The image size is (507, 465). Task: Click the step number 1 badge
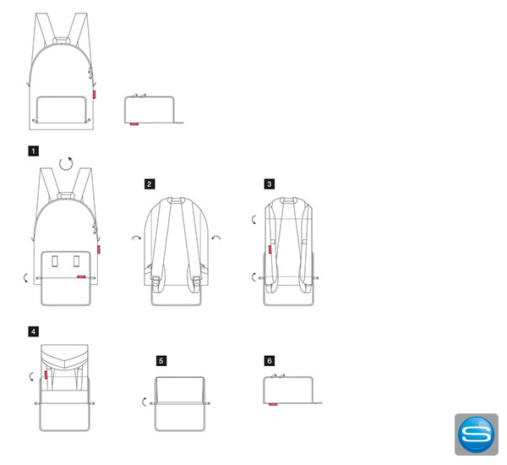[x=33, y=151]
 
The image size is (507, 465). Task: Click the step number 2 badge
[x=150, y=184]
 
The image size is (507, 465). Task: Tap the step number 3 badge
[x=270, y=184]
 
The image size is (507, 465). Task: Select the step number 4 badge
[x=33, y=331]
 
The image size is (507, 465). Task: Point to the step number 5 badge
[x=161, y=361]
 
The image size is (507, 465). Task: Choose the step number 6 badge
[x=270, y=361]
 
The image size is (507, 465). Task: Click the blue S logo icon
[x=477, y=435]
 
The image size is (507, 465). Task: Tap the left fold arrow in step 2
[x=136, y=238]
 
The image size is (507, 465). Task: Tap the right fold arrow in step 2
[x=216, y=238]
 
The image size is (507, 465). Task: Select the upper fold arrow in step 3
[x=253, y=220]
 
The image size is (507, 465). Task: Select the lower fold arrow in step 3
[x=253, y=277]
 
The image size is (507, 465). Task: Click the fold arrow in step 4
[x=30, y=376]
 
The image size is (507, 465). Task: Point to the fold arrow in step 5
[x=144, y=402]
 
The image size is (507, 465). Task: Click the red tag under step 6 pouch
[x=273, y=404]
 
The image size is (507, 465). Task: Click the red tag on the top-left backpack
[x=95, y=94]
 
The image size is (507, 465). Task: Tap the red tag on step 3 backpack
[x=270, y=249]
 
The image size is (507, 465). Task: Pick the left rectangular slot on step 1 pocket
[x=55, y=261]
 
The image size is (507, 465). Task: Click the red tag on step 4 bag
[x=46, y=375]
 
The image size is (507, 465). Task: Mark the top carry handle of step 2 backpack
[x=176, y=200]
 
